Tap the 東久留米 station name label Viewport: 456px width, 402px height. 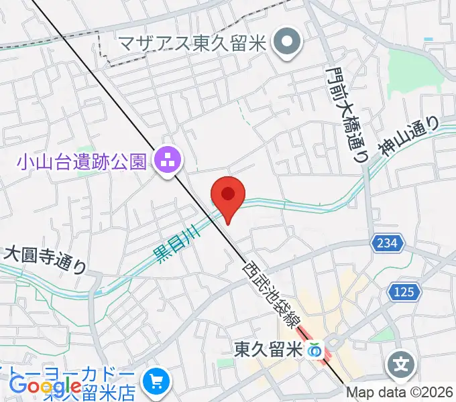click(x=268, y=349)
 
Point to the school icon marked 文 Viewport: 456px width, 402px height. click(x=402, y=366)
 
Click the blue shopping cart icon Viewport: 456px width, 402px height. click(x=157, y=381)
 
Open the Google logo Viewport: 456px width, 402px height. click(x=45, y=386)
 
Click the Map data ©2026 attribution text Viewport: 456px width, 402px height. click(x=400, y=393)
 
